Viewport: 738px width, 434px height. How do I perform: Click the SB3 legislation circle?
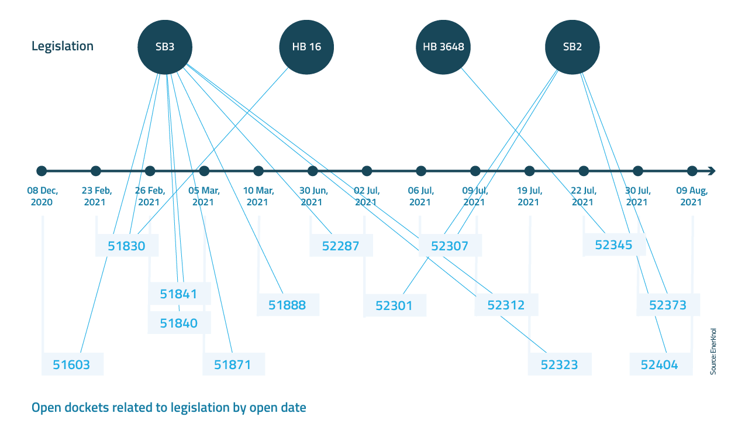[164, 47]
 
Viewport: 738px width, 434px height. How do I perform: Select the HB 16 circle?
[306, 47]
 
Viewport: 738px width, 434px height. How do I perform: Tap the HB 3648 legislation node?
[443, 47]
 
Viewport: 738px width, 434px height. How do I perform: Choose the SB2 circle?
[572, 47]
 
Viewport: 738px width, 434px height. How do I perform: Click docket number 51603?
[72, 365]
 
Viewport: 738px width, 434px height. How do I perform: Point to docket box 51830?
[126, 246]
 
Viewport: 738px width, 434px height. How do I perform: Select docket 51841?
[178, 294]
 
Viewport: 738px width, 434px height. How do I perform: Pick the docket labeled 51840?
[178, 323]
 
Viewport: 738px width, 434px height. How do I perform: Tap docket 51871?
[233, 365]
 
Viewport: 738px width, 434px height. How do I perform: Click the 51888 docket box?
[287, 305]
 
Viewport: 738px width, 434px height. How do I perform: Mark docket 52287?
[341, 246]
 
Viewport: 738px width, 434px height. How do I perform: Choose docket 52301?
[394, 305]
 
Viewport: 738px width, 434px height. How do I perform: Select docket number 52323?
[559, 365]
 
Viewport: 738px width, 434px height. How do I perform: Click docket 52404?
[660, 365]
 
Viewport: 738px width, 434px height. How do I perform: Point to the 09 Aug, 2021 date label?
[692, 197]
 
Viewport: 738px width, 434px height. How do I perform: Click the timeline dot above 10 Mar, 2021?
[258, 171]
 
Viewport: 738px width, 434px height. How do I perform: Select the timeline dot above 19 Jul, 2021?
[529, 171]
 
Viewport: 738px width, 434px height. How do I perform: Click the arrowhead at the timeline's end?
[711, 171]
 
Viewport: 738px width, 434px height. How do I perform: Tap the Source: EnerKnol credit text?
[713, 351]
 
